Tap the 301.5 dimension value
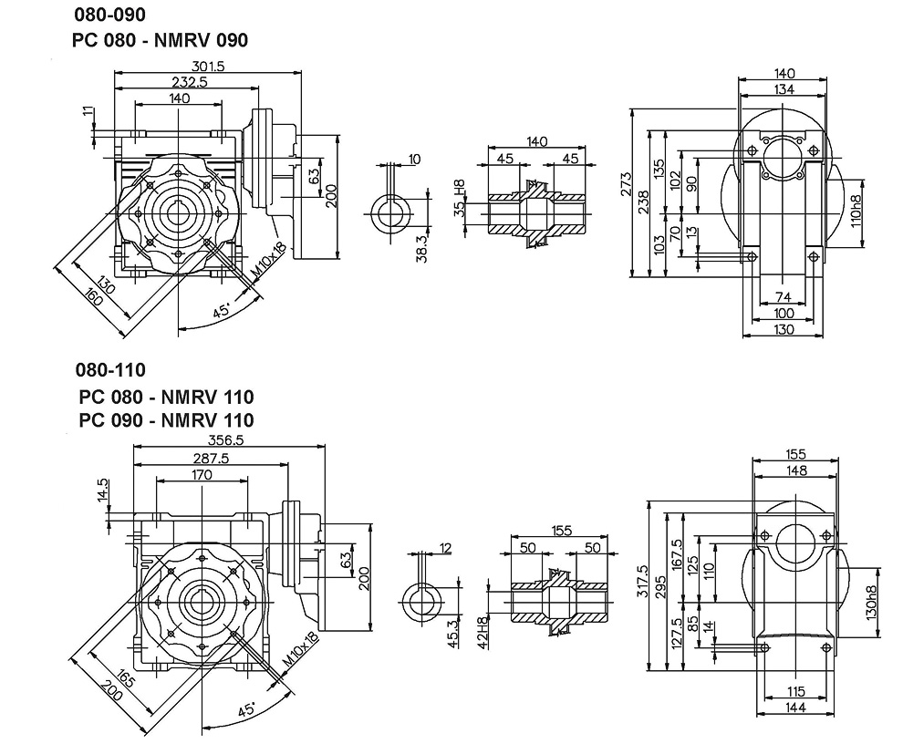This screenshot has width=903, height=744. tap(209, 66)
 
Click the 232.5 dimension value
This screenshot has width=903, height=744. tap(188, 81)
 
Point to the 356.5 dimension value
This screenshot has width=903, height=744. tap(230, 440)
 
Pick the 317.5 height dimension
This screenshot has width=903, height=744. tap(642, 581)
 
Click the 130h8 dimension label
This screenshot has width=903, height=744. tap(873, 603)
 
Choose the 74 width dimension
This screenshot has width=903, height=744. tap(783, 297)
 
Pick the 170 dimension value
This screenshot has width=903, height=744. tap(202, 475)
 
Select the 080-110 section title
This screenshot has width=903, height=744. tap(111, 370)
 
